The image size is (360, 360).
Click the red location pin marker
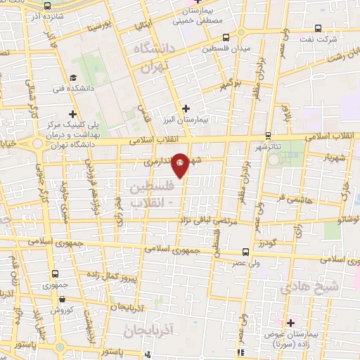pos(181,164)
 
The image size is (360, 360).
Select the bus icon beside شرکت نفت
pos(319,29)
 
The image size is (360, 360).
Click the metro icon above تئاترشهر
pos(268,136)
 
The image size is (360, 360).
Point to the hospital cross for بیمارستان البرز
pos(186,108)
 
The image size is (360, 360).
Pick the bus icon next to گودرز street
pos(245,252)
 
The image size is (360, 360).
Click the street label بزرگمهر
pos(226,84)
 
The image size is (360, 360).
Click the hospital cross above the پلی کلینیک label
pos(73,113)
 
